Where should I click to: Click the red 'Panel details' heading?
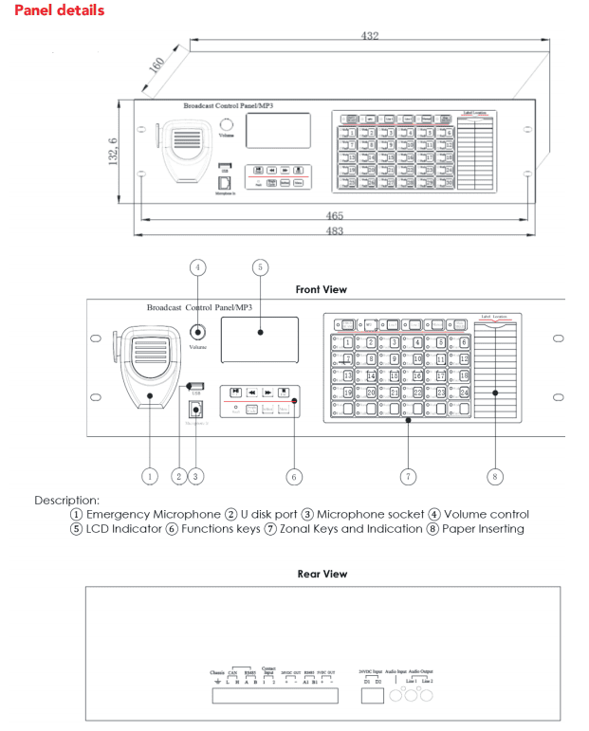point(59,9)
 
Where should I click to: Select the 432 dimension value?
point(370,35)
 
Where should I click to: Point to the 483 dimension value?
point(335,232)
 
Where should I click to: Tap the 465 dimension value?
point(335,216)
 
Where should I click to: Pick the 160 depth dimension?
point(156,68)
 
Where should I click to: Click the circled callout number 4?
point(198,268)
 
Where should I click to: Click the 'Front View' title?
point(321,289)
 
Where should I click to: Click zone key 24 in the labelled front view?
point(465,392)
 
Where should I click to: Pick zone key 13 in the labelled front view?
point(349,375)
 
